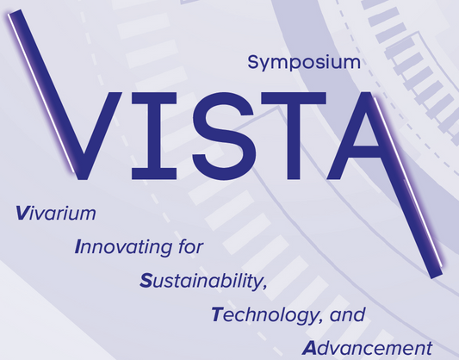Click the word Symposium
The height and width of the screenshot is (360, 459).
[x=301, y=62]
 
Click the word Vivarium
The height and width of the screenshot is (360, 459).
[x=55, y=211]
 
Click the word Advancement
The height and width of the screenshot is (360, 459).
[x=367, y=347]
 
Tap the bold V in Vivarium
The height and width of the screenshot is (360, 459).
[x=22, y=211]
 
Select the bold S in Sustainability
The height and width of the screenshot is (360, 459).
[x=145, y=280]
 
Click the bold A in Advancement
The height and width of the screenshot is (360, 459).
[x=310, y=347]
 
